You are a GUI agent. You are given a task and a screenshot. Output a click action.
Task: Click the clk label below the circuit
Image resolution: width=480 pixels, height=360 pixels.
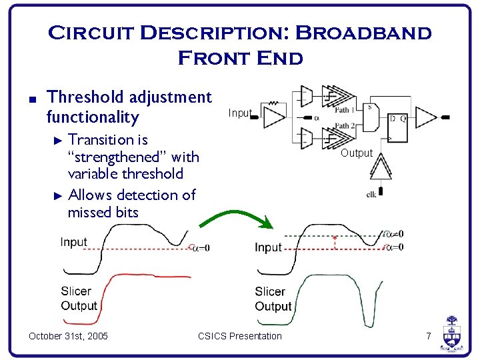coord(371,195)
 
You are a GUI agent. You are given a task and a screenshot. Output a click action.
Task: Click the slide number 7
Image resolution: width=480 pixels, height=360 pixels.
coord(429,336)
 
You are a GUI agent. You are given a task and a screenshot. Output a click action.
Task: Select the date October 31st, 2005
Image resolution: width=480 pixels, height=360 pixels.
coord(69,336)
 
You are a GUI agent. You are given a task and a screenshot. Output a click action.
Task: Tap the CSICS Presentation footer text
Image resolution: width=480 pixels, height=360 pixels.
coord(240,336)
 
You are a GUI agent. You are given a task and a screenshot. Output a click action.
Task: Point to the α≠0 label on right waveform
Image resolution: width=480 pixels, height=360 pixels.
coord(394,234)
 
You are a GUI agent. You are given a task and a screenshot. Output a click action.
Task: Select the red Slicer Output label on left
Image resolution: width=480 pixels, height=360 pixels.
coord(79,299)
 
